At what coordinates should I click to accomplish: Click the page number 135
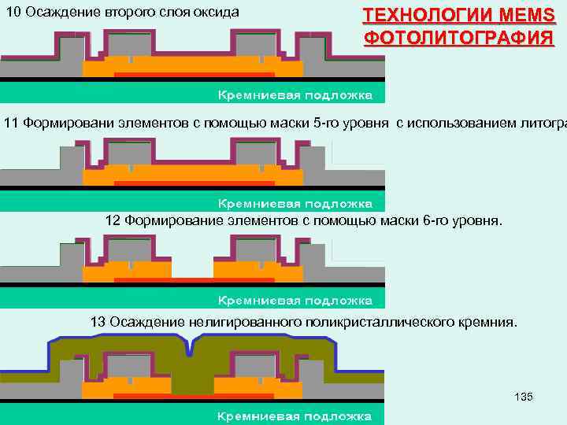(523, 396)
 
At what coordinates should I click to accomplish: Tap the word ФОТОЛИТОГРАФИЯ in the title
(458, 37)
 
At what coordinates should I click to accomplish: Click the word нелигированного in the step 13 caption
(231, 322)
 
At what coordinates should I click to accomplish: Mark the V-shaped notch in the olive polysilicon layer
(188, 347)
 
